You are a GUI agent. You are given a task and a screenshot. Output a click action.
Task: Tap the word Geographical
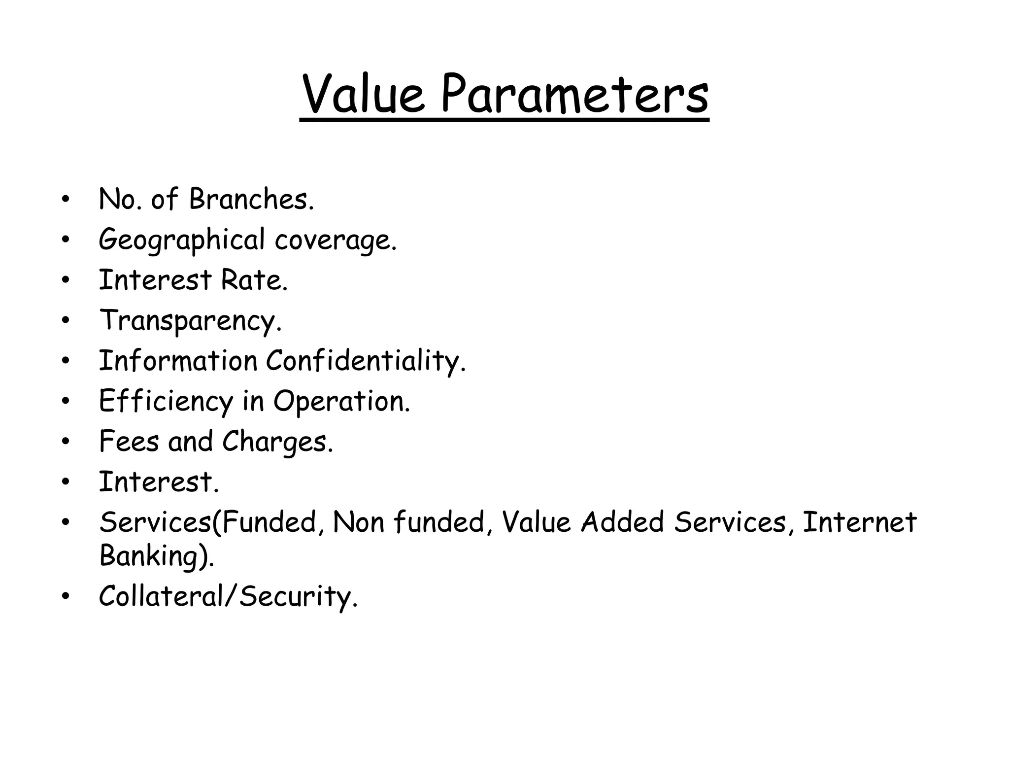coord(182,241)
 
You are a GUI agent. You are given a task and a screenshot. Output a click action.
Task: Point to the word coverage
coord(335,241)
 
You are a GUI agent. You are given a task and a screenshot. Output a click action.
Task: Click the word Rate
coord(254,280)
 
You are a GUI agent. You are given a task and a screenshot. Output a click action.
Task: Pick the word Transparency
coord(190,321)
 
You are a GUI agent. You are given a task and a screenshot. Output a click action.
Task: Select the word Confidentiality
coord(366,361)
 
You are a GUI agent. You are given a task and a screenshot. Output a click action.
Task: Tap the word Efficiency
coord(166,401)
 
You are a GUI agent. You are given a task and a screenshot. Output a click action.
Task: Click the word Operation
coord(341,401)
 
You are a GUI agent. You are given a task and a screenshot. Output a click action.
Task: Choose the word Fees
coord(129,441)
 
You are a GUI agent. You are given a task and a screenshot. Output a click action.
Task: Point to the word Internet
coord(859,522)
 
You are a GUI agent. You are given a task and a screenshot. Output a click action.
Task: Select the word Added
coord(622,522)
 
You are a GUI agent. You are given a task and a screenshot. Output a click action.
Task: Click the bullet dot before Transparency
coord(66,321)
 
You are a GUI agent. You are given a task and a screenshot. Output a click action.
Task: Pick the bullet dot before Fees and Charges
coord(66,442)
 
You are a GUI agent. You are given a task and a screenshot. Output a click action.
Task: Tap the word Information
coord(178,361)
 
